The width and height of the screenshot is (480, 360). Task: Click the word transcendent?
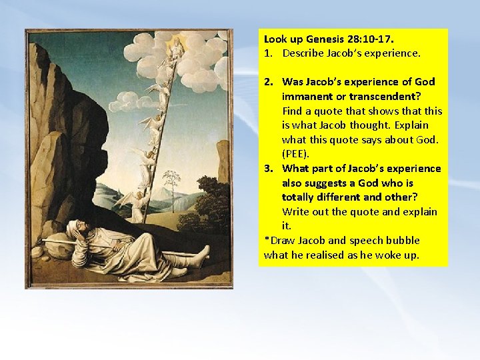coord(380,96)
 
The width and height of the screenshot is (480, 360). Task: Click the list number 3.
coord(269,169)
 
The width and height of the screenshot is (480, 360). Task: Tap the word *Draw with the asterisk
coord(279,241)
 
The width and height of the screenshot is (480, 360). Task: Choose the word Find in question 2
coord(293,111)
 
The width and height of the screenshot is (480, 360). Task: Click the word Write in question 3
coord(297,212)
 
